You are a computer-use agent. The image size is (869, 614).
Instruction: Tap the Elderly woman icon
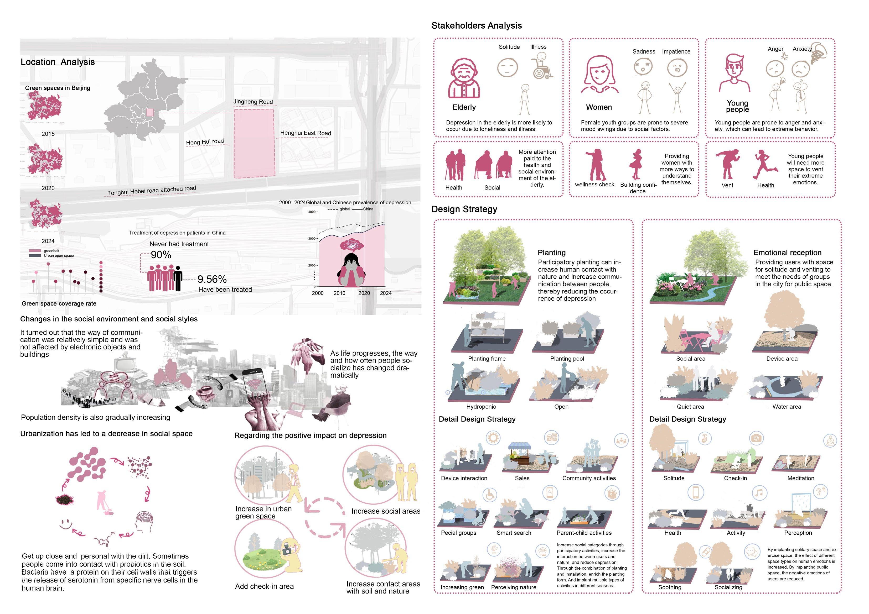(464, 79)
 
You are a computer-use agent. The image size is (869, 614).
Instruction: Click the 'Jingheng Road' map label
(253, 102)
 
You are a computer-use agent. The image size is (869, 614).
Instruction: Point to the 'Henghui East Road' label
(306, 133)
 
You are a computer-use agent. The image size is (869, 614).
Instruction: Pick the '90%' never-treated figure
(161, 255)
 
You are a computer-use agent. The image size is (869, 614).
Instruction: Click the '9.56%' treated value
(212, 279)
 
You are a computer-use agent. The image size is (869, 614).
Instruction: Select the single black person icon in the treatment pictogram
(178, 278)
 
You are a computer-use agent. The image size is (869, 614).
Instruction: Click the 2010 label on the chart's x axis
(339, 293)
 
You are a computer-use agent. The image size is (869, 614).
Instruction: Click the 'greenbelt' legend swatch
(35, 251)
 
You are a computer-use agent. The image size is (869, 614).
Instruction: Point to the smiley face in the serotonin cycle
(66, 524)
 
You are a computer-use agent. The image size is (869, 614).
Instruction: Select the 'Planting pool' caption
(567, 359)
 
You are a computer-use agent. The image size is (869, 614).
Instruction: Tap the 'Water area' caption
(787, 407)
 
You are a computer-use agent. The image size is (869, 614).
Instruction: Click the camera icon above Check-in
(756, 438)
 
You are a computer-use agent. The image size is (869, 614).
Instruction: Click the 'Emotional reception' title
(787, 253)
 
